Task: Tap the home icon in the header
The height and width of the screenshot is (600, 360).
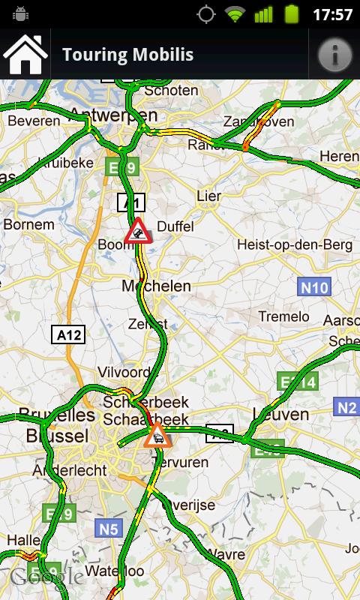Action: (25, 55)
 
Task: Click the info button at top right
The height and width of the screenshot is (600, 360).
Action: (335, 55)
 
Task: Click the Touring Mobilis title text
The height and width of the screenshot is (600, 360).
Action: (127, 55)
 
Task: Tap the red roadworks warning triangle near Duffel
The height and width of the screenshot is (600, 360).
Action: (139, 231)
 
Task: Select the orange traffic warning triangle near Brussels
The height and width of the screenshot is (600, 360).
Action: (157, 435)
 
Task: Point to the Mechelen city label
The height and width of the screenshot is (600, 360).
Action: (156, 286)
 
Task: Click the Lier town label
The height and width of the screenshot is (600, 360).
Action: (208, 196)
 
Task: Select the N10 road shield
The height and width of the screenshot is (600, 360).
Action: (314, 287)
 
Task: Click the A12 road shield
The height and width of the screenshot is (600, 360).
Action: (69, 334)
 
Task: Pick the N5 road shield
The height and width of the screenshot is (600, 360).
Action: (109, 529)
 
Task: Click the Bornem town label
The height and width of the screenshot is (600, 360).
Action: (28, 224)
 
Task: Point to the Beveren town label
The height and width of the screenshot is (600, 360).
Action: (34, 120)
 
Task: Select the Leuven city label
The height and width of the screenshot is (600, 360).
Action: (280, 414)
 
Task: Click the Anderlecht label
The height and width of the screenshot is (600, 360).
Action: (66, 470)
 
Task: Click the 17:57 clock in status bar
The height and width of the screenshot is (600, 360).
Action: (332, 14)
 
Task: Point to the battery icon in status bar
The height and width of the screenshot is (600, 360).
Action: (292, 14)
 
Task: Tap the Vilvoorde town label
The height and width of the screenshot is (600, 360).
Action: (124, 372)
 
